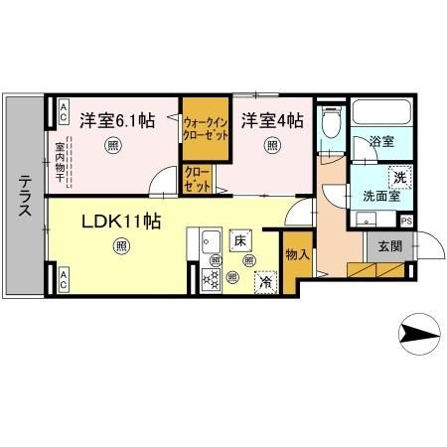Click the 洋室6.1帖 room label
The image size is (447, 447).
coord(116,120)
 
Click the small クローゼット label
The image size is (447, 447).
coord(196,179)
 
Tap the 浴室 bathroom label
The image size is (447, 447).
coord(383,142)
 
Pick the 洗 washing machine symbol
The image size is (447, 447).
coord(398,176)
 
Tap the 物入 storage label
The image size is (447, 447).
coord(296,255)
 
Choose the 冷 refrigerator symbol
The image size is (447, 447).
coord(265,282)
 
